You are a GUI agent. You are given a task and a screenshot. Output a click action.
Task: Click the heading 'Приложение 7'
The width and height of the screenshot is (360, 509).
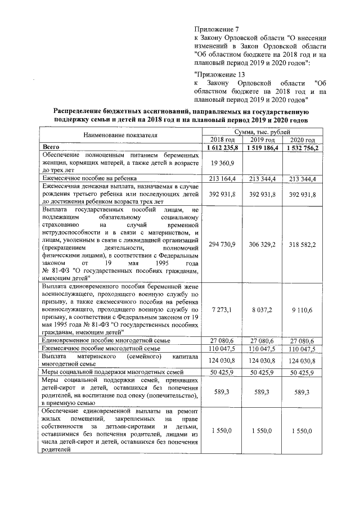217,29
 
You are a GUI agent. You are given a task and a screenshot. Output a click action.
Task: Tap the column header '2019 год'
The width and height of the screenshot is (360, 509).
263,139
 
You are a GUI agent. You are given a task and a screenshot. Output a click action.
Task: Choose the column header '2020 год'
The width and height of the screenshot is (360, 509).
303,139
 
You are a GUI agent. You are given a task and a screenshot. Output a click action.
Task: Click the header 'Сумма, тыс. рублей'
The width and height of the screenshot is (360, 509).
263,132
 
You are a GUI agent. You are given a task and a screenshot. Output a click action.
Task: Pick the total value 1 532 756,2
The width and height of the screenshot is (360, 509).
303,147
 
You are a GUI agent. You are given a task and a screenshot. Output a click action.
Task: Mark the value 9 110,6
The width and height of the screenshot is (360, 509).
303,309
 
